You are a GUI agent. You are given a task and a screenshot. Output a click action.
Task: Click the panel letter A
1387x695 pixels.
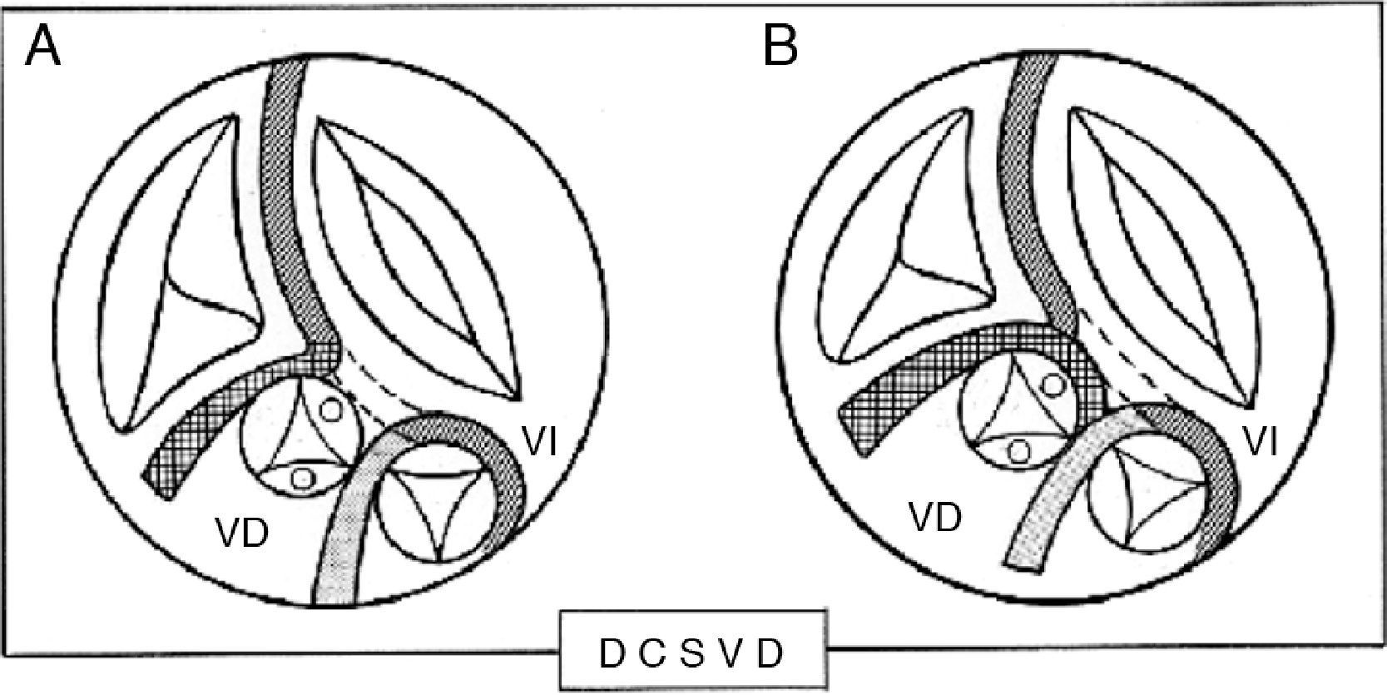43,47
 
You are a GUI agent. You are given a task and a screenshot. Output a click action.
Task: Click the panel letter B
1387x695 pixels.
780,47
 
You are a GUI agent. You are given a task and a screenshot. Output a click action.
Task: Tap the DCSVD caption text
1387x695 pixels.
691,655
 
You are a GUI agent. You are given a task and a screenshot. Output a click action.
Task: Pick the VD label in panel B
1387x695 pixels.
935,518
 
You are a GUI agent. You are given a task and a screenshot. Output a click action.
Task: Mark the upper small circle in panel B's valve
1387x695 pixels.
1053,385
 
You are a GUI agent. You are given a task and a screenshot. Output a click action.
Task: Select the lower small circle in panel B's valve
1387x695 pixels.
1018,450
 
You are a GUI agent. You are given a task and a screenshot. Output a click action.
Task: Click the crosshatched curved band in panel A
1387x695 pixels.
216,408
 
